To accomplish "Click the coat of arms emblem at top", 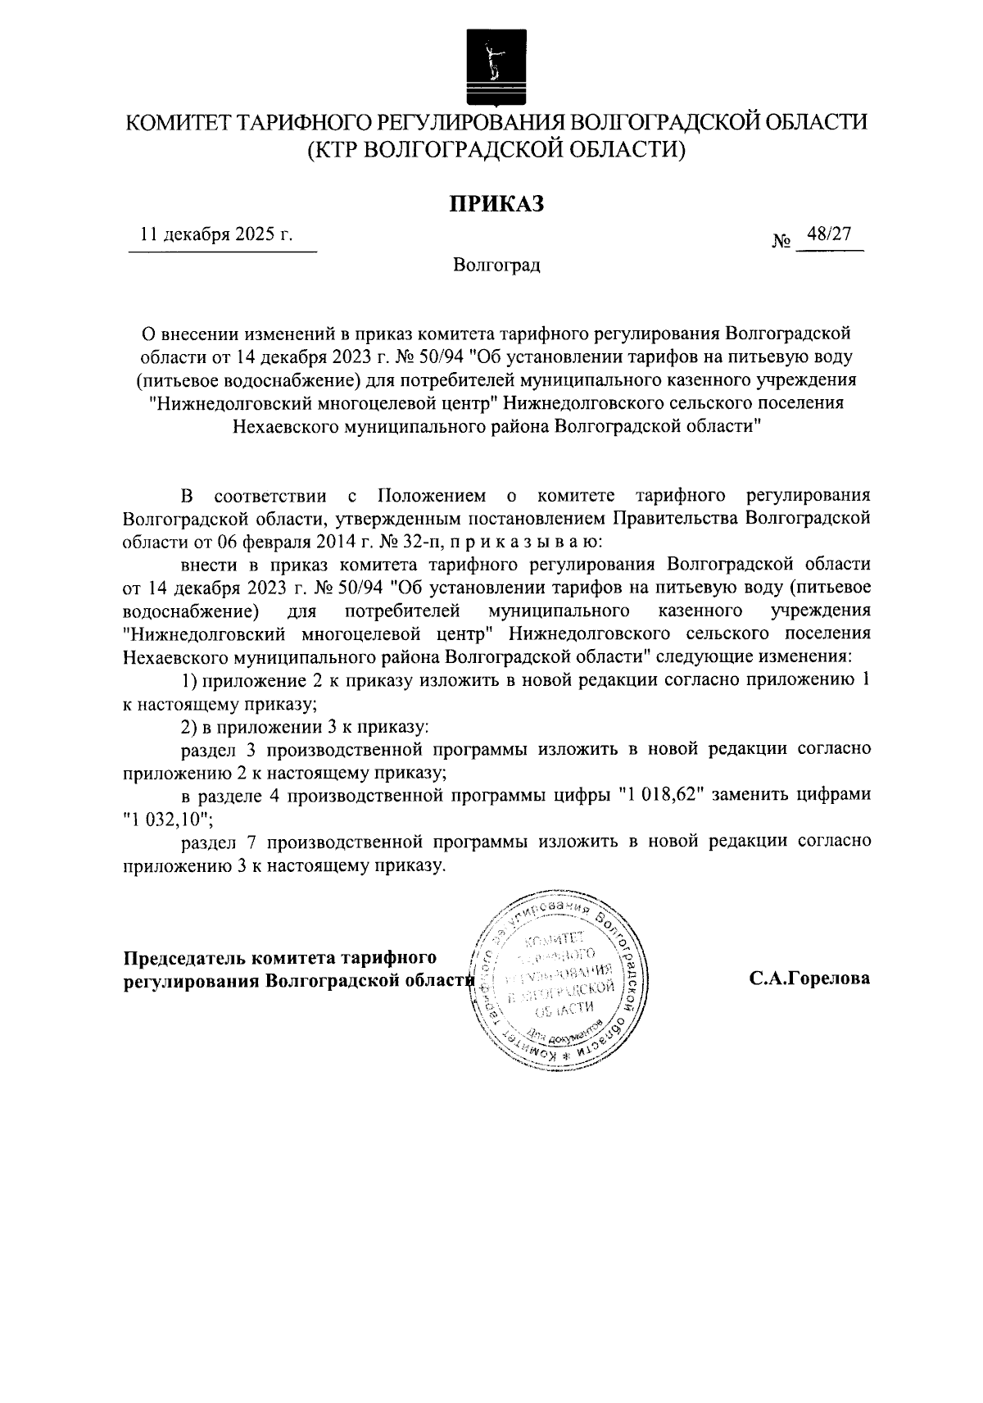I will pos(491,66).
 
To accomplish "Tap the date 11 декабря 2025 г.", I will pos(216,234).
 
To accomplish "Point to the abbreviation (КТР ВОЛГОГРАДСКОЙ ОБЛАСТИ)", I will pos(496,150).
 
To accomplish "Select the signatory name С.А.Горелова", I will pos(809,978).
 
